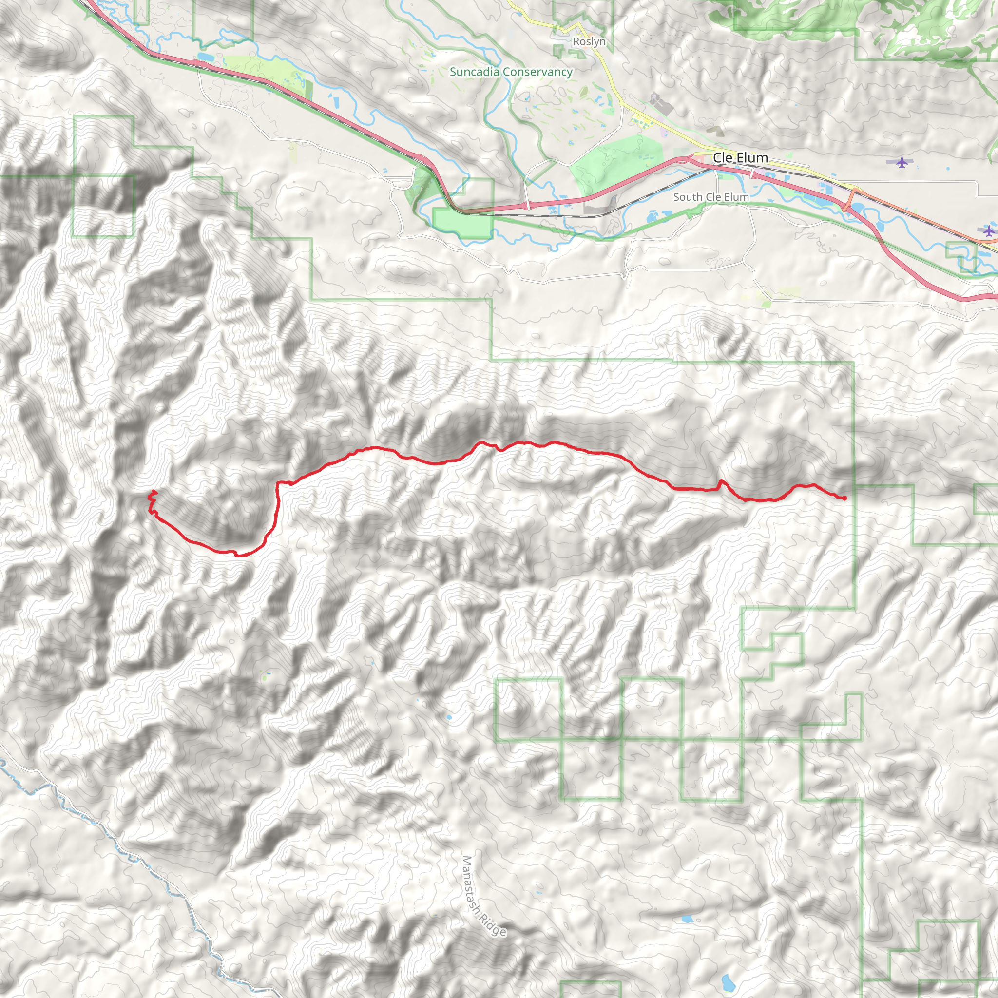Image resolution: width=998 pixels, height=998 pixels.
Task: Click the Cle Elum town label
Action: pos(740,157)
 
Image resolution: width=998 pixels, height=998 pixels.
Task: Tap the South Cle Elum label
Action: pos(711,197)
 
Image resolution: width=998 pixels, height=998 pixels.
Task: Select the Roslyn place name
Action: pos(589,41)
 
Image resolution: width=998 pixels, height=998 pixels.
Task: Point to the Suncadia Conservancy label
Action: pos(511,72)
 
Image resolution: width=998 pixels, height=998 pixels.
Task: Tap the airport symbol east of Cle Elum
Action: pos(902,162)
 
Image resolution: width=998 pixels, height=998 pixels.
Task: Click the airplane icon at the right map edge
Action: pos(989,230)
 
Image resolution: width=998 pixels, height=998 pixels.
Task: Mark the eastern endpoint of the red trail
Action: pos(844,498)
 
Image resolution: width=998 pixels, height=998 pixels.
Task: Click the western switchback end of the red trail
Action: pos(154,491)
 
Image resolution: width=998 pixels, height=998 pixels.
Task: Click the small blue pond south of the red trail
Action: pos(449,717)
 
